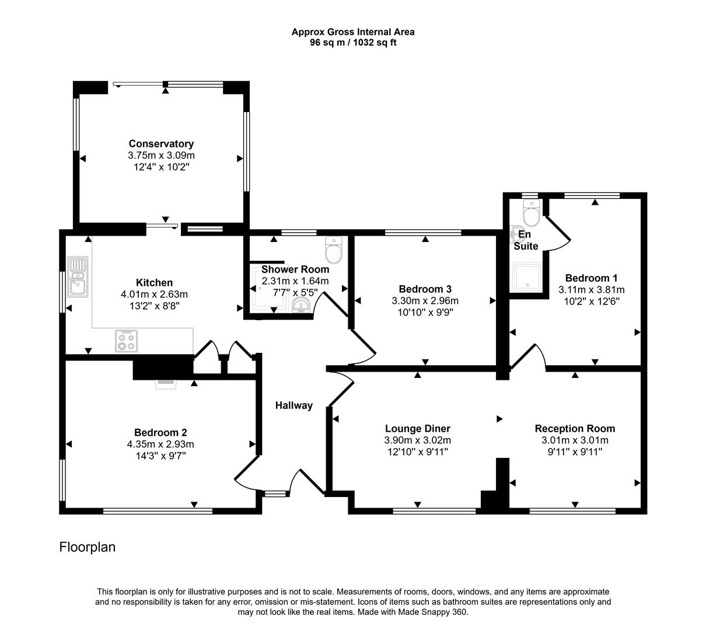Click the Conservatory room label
click(x=161, y=143)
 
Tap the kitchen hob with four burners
click(x=127, y=341)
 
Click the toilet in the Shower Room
click(x=334, y=251)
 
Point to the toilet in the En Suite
click(x=531, y=214)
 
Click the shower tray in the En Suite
click(x=527, y=277)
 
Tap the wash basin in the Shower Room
click(x=301, y=306)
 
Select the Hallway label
click(x=294, y=405)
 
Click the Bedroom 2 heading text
click(x=160, y=432)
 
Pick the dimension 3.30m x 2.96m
click(x=425, y=301)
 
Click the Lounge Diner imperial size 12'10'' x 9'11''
click(x=417, y=452)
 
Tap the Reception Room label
click(x=575, y=429)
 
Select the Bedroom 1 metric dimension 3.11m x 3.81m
click(x=591, y=290)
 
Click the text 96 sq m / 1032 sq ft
click(x=353, y=43)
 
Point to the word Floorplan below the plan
click(x=88, y=547)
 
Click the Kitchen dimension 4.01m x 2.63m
click(x=154, y=295)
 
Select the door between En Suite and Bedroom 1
click(x=557, y=236)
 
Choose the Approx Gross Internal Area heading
click(x=353, y=33)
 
